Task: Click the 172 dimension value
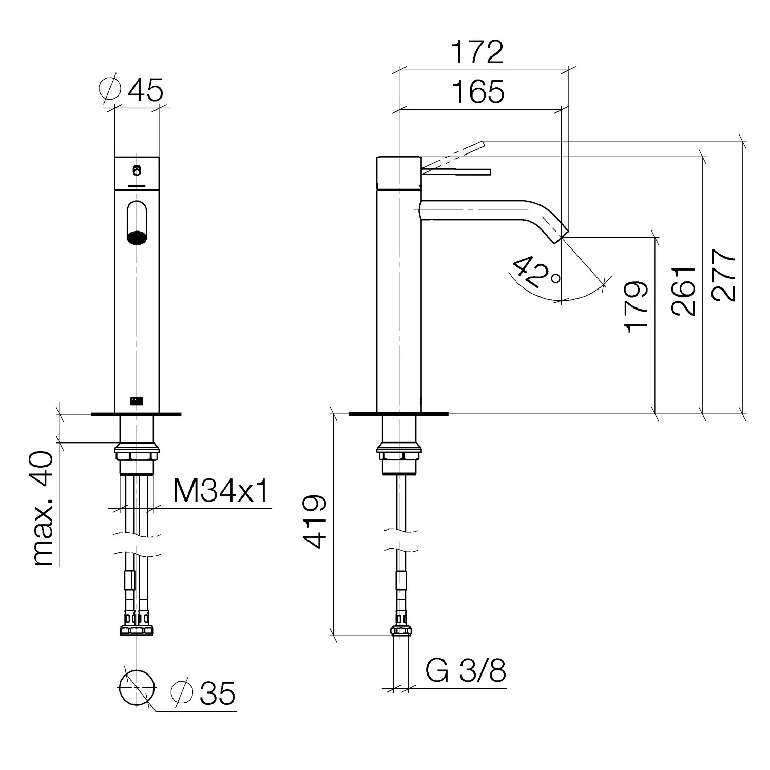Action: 477,52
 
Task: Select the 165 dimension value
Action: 478,92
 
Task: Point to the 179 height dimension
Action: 637,306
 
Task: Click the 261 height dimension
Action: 684,291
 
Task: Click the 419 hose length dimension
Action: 314,522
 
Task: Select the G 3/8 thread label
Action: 466,671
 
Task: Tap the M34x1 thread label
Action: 221,491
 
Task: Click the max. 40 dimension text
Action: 42,509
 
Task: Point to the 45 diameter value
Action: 145,90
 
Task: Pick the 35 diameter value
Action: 217,694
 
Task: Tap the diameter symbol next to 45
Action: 109,89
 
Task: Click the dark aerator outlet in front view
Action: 137,238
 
